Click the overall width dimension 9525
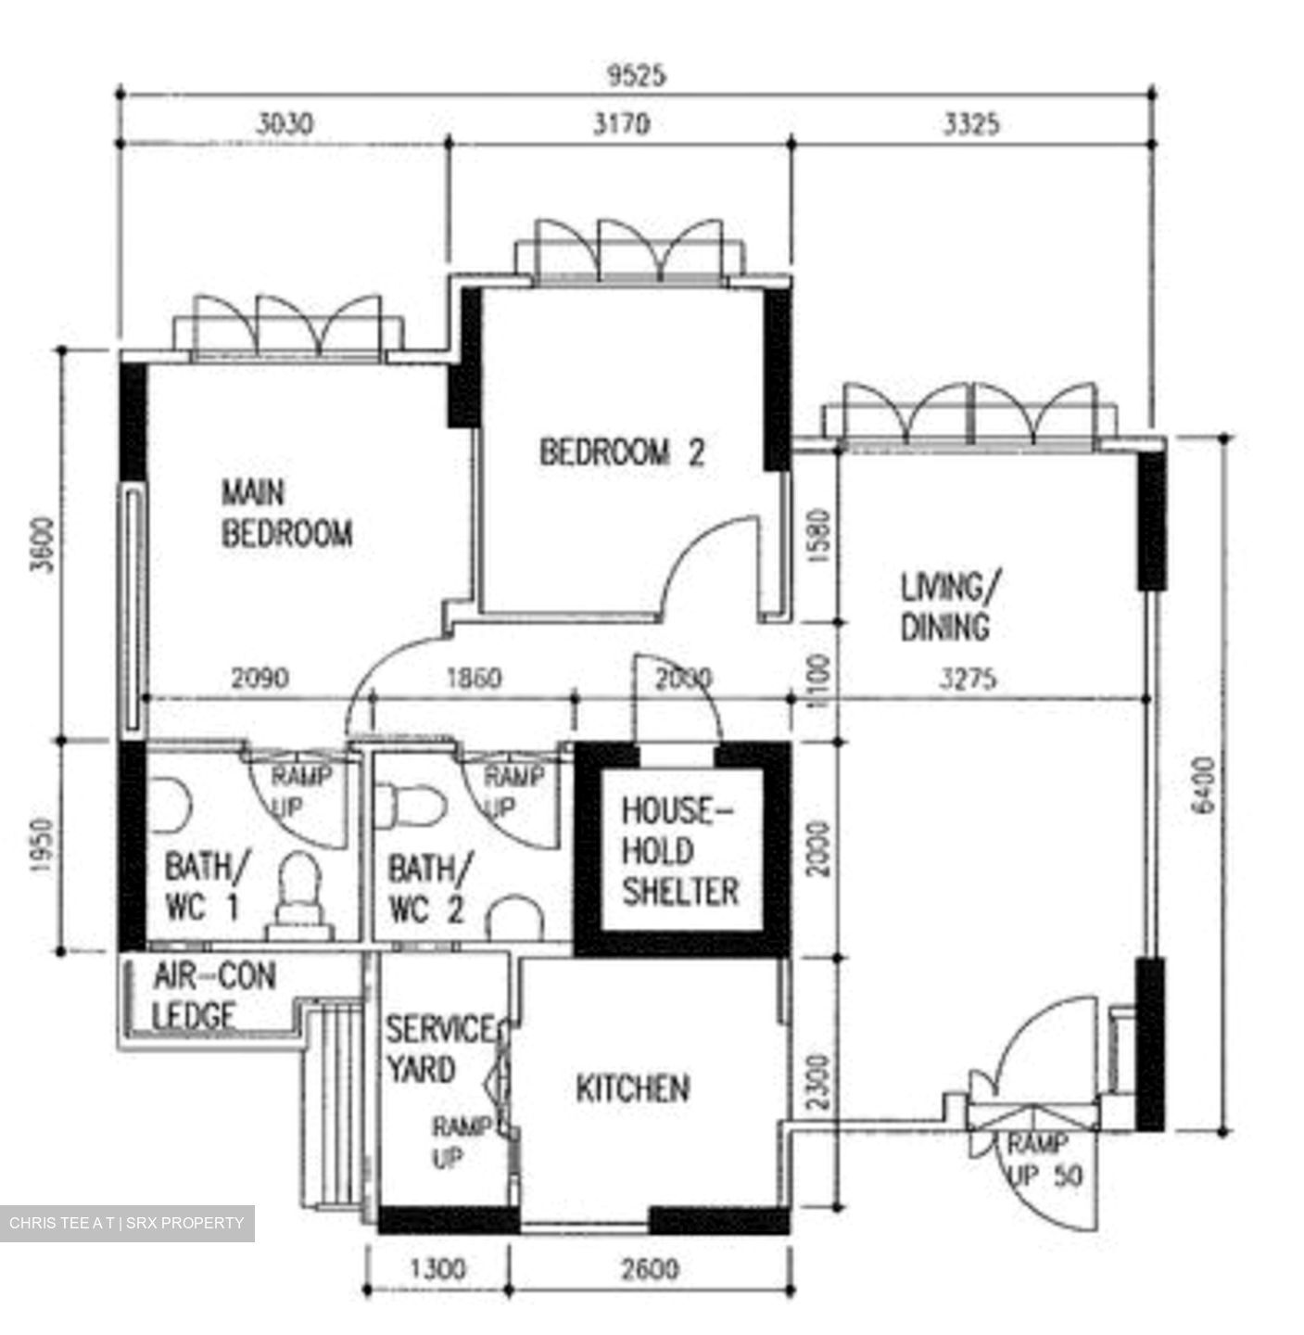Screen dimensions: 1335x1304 click(x=636, y=76)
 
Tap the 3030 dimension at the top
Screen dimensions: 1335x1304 click(x=285, y=123)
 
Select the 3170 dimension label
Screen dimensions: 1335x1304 click(x=621, y=123)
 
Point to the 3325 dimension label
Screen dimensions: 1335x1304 click(x=971, y=123)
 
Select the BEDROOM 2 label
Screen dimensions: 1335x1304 click(x=622, y=452)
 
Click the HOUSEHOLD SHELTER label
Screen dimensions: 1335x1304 click(x=679, y=851)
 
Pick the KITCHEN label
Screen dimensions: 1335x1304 click(x=633, y=1088)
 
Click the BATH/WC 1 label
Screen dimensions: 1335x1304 click(x=206, y=888)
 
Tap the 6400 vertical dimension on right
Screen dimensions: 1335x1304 click(x=1202, y=784)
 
